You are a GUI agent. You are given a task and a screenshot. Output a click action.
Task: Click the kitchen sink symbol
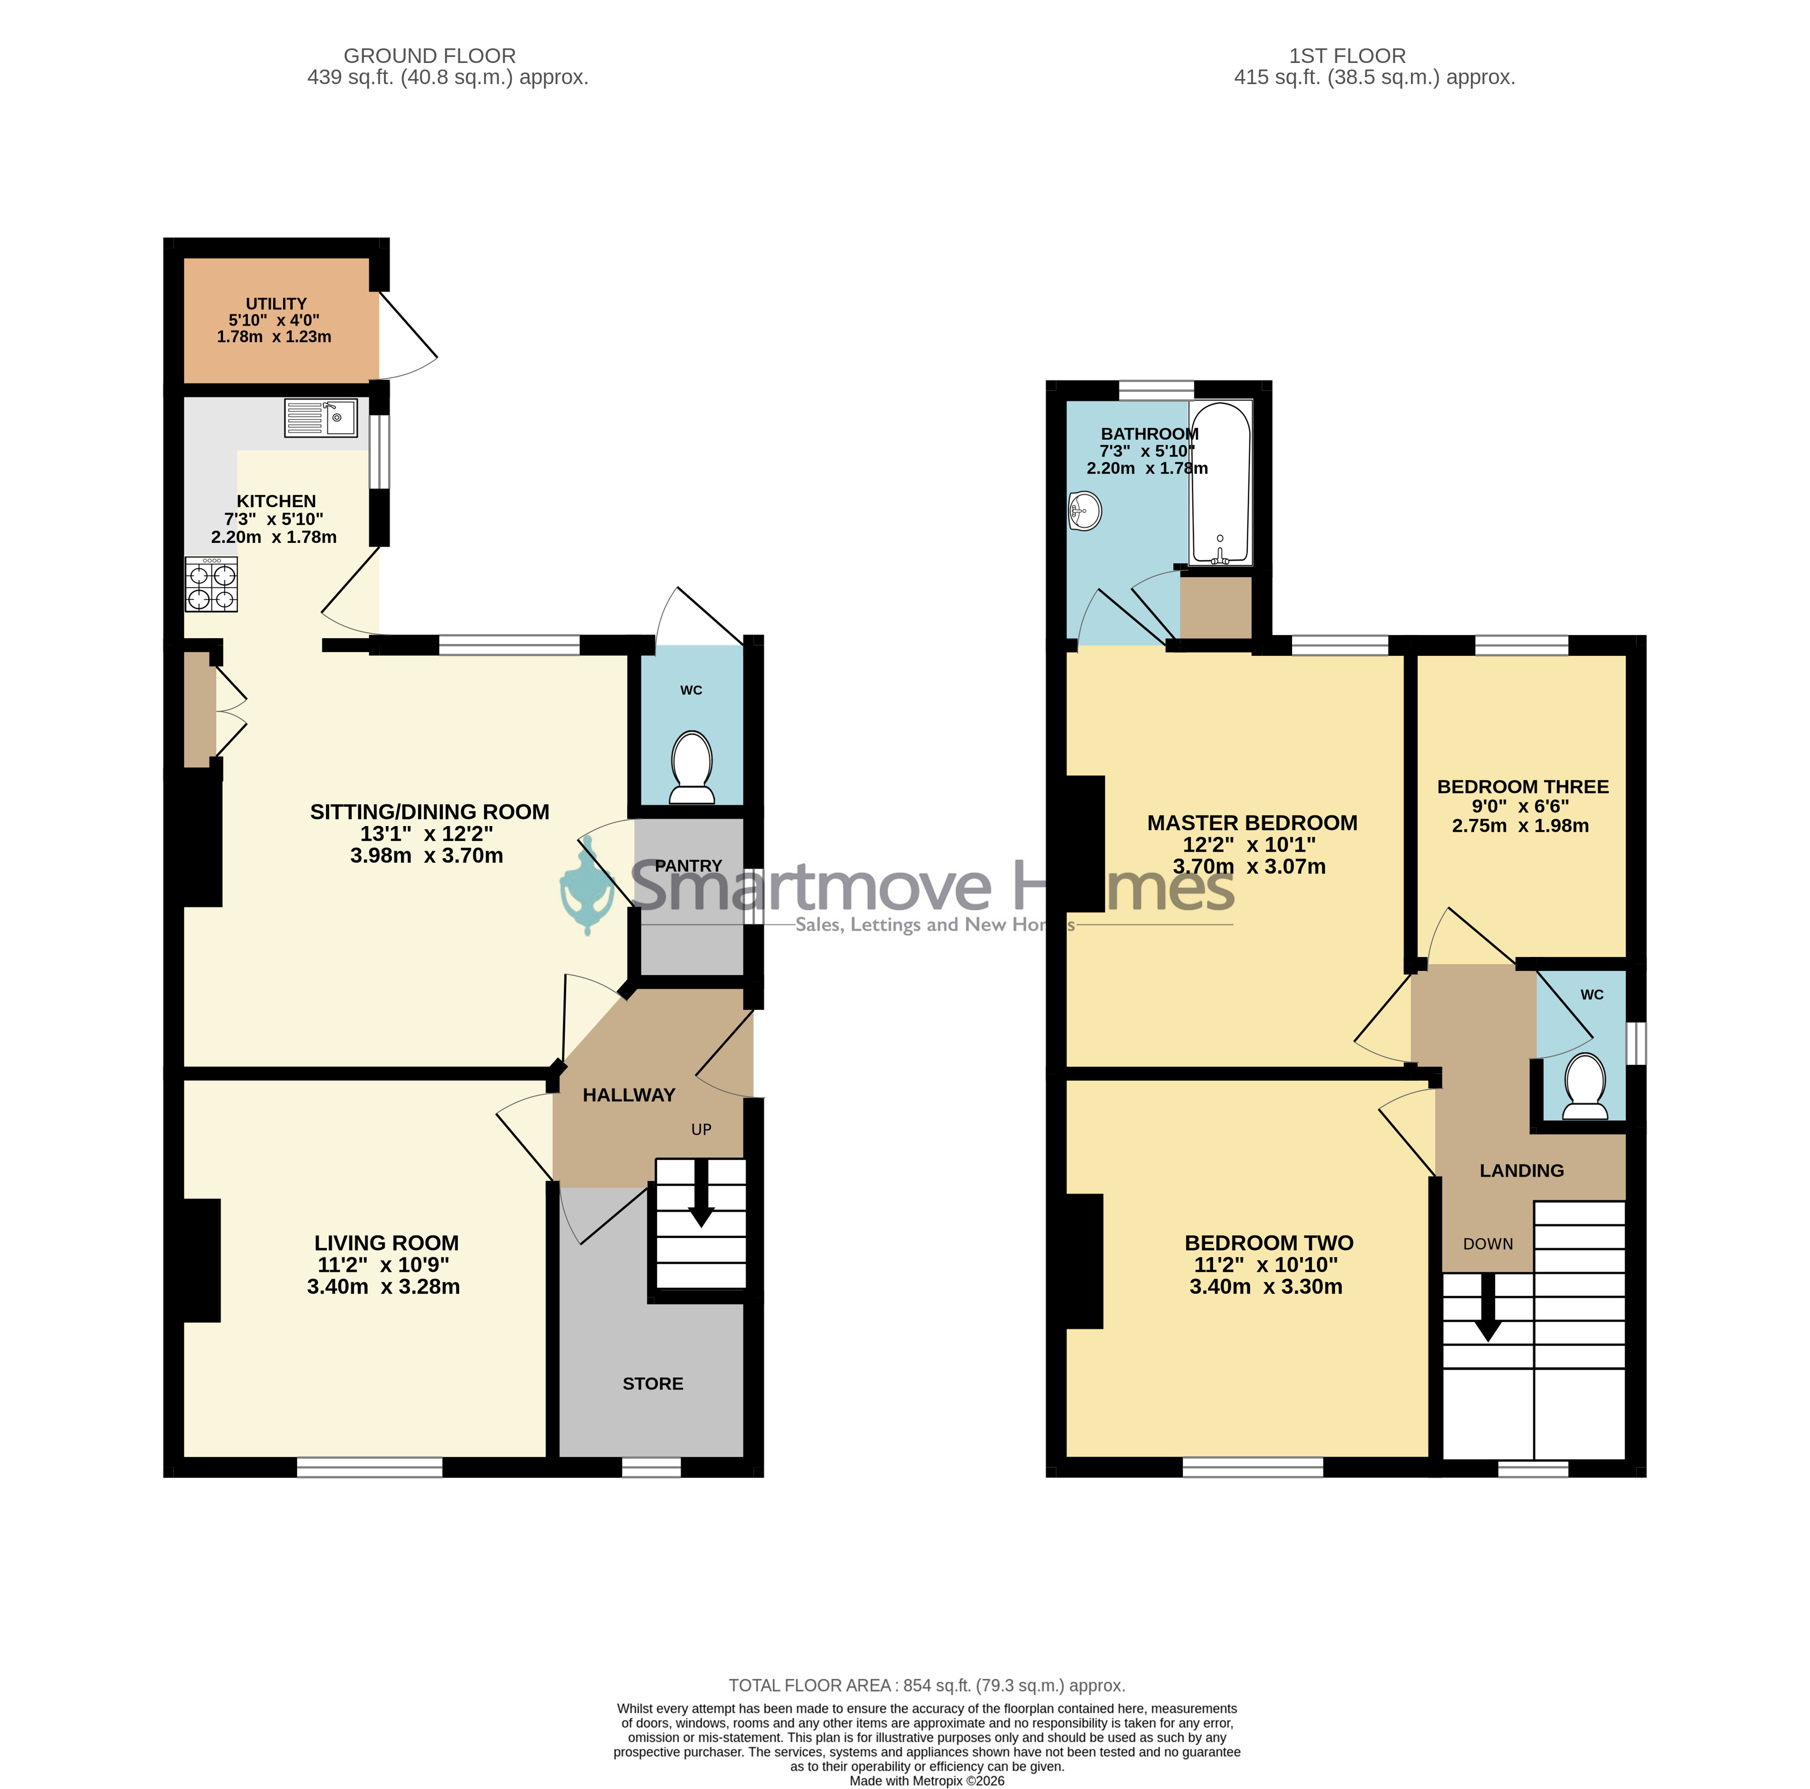coord(320,418)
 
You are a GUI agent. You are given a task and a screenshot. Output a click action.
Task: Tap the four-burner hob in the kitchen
coord(211,584)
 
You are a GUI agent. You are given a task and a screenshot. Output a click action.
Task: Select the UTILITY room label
coord(277,304)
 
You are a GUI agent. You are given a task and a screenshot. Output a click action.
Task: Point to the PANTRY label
coord(689,865)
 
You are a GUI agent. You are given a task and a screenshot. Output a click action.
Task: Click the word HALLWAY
coord(629,1095)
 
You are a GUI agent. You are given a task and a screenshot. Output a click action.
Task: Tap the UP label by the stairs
coord(701,1130)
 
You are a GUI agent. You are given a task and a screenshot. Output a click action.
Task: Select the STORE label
coord(653,1384)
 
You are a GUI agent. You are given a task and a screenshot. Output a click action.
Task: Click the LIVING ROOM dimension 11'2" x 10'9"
coord(383,1265)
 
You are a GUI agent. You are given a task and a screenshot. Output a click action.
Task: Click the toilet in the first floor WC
coord(1585,1086)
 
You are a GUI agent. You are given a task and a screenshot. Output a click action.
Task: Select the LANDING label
coord(1521,1171)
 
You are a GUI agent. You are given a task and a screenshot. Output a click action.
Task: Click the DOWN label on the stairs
coord(1488,1244)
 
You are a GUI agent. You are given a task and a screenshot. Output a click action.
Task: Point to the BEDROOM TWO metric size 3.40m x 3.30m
coord(1265,1287)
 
